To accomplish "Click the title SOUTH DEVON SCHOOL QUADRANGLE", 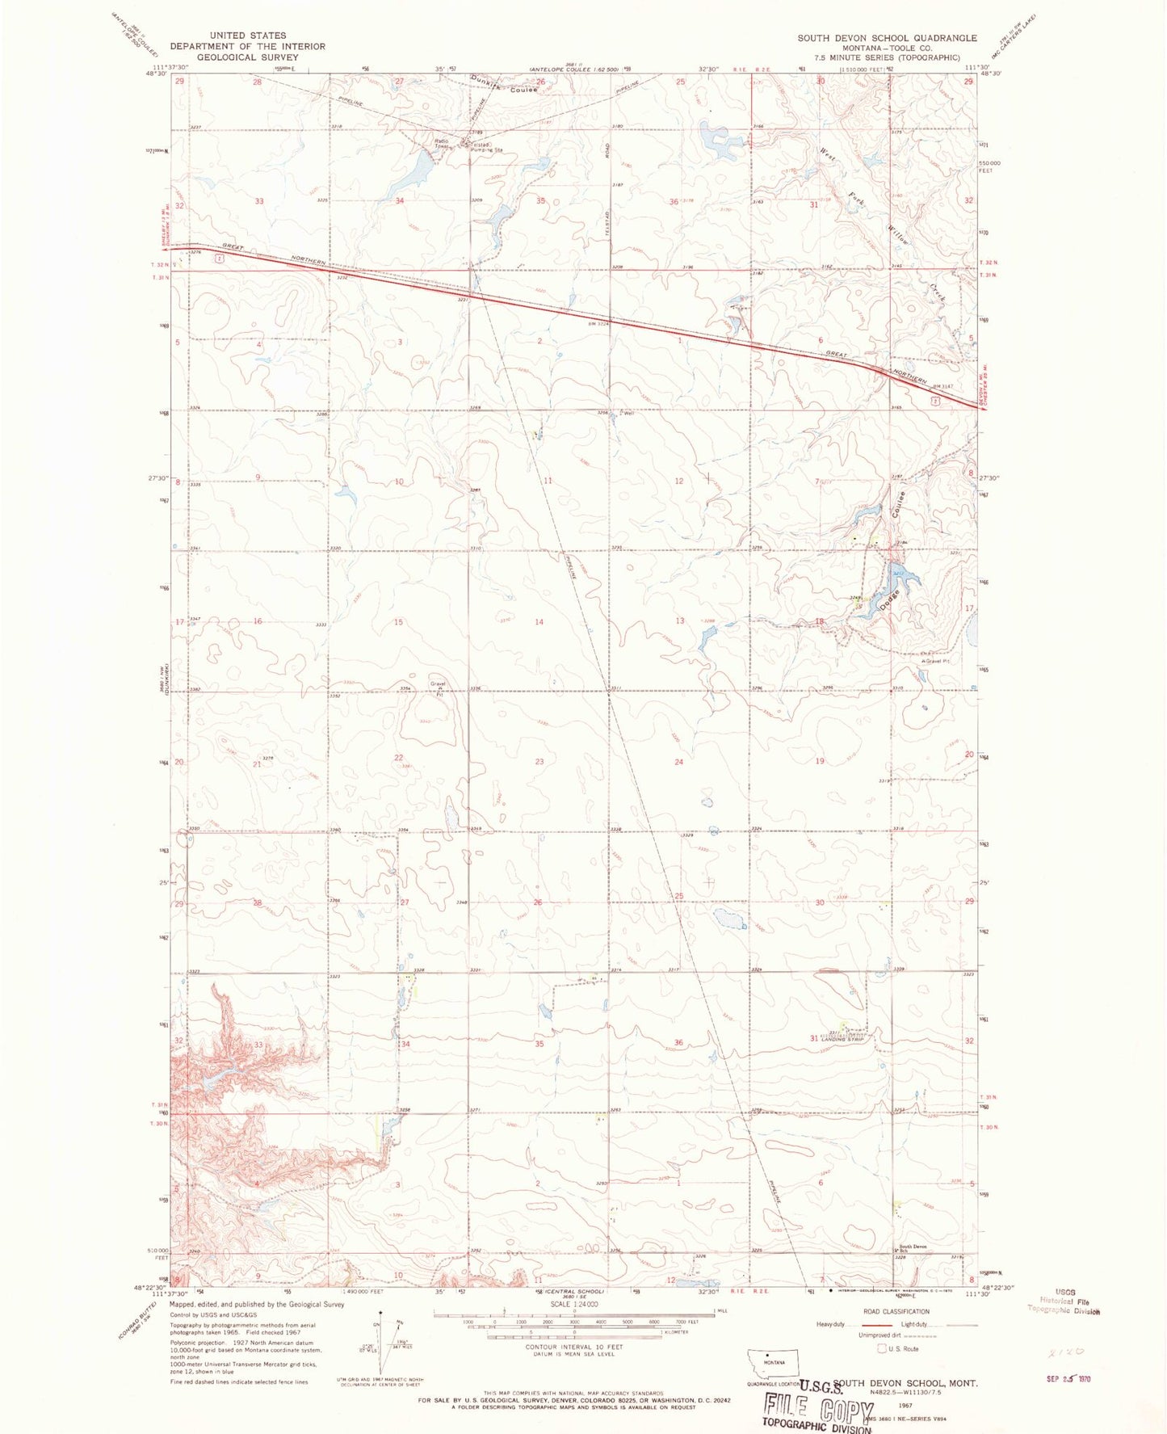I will [x=887, y=38].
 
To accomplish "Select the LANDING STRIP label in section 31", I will [x=843, y=1039].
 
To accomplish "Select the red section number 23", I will [x=539, y=762].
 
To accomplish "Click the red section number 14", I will [x=539, y=622].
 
